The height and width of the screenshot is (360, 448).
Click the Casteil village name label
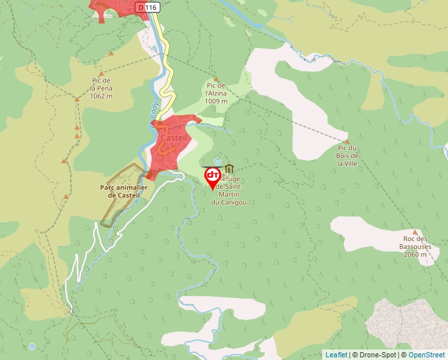(x=173, y=138)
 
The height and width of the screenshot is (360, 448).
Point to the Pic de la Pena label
(x=101, y=84)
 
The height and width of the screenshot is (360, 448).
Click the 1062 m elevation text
(x=101, y=96)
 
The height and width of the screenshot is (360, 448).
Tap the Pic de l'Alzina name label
(x=216, y=90)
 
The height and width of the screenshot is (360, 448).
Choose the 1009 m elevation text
(x=216, y=101)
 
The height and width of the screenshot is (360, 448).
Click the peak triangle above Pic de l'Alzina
(x=215, y=78)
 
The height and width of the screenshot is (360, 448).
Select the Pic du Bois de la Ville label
(x=347, y=155)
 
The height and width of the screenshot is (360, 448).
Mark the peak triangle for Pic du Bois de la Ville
(x=347, y=141)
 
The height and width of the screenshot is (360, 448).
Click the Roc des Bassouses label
(x=415, y=243)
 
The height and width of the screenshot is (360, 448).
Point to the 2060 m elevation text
(x=415, y=254)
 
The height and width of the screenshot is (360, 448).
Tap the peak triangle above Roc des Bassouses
(x=415, y=232)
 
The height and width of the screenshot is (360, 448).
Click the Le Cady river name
(x=154, y=105)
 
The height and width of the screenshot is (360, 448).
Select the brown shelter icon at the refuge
(x=229, y=168)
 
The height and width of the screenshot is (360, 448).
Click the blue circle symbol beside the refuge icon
(x=217, y=161)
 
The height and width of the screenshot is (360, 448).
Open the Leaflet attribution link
(x=336, y=355)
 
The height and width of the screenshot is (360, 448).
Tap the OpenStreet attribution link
(x=426, y=355)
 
